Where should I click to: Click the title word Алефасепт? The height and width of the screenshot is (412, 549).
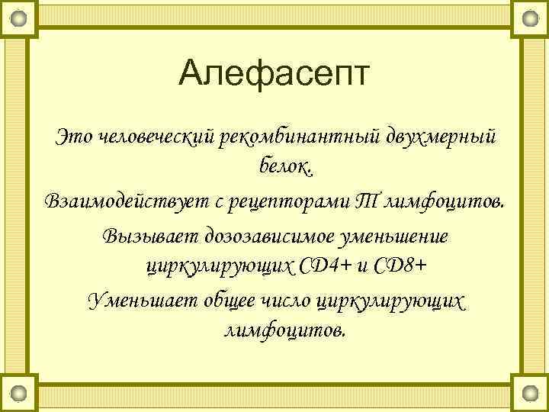click(x=274, y=76)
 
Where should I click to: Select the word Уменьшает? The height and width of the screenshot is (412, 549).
click(x=141, y=299)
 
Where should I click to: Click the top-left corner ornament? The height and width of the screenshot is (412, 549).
click(x=19, y=18)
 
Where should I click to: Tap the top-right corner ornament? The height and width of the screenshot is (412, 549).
click(x=530, y=18)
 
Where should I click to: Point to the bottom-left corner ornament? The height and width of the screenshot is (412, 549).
click(x=19, y=394)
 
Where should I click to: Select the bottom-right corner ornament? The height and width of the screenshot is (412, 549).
click(x=530, y=394)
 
